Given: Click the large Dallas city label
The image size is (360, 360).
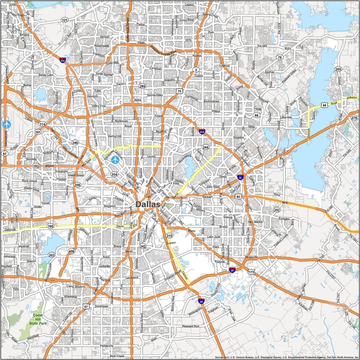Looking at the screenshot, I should click(x=148, y=204).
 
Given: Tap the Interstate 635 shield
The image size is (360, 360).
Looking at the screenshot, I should click(x=202, y=132).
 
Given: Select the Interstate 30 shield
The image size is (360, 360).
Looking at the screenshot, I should click(x=240, y=177).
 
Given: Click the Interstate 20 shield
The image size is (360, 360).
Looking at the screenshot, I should click(x=232, y=270).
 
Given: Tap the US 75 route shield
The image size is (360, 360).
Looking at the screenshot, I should click(x=179, y=91).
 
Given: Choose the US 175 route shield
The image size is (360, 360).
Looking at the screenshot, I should click(x=251, y=272).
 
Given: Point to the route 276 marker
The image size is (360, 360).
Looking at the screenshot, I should click(x=354, y=118).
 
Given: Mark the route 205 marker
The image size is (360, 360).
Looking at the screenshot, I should click(x=338, y=69).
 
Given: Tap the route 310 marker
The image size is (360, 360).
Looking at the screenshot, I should click(x=169, y=236).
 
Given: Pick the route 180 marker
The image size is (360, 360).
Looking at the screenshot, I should click(x=50, y=226).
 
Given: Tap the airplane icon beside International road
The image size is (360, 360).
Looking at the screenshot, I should click(x=6, y=124).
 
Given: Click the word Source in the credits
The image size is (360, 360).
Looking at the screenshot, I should click(x=219, y=357).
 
